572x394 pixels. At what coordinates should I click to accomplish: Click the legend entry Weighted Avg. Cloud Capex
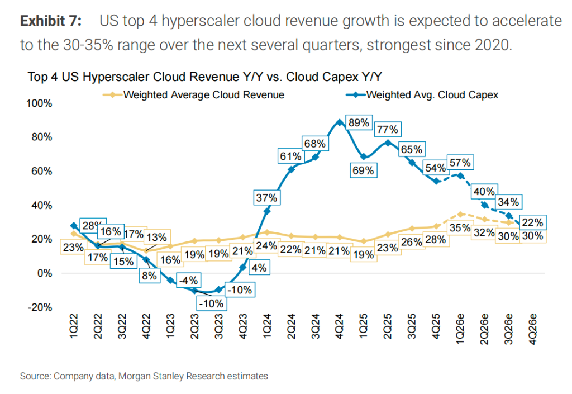(431, 94)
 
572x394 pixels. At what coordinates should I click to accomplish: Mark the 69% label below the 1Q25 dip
(363, 171)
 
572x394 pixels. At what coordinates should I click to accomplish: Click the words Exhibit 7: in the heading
(51, 22)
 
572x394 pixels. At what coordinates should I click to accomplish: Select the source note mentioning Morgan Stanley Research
(144, 376)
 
